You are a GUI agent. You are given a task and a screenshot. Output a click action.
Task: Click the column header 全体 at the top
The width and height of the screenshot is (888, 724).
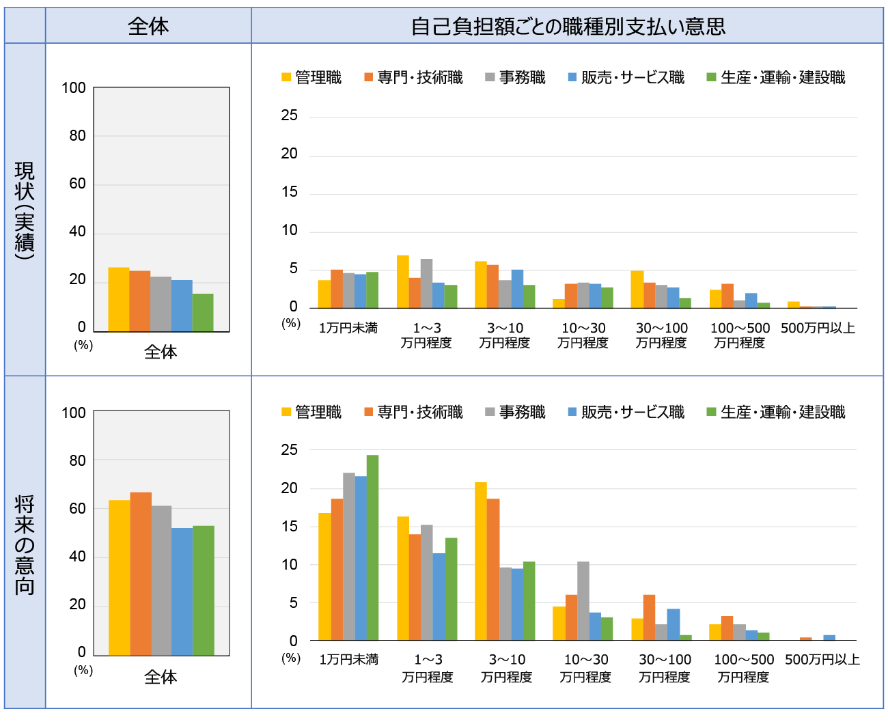pyautogui.click(x=148, y=26)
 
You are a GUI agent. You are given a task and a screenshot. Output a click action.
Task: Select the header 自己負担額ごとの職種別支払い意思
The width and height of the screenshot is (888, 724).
pyautogui.click(x=568, y=26)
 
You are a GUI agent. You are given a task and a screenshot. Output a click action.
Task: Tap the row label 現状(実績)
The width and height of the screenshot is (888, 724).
pyautogui.click(x=25, y=210)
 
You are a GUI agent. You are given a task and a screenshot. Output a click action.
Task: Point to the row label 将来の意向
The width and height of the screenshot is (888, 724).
pyautogui.click(x=25, y=544)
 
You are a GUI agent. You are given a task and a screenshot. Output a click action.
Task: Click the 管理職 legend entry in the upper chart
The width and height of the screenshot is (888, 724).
pyautogui.click(x=312, y=78)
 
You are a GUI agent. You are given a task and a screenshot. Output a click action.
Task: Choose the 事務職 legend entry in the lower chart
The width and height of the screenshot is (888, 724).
pyautogui.click(x=516, y=413)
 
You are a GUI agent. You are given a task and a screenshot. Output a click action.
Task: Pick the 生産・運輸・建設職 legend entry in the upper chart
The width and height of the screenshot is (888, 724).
pyautogui.click(x=776, y=78)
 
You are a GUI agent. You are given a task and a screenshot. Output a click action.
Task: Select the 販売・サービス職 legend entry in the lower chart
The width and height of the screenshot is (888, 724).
pyautogui.click(x=626, y=413)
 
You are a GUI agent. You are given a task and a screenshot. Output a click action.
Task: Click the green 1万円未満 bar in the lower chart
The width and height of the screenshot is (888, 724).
pyautogui.click(x=372, y=548)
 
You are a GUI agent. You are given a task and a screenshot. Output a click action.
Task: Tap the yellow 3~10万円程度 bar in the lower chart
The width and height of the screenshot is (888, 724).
pyautogui.click(x=481, y=561)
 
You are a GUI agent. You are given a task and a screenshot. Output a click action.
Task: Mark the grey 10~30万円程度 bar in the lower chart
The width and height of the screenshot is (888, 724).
pyautogui.click(x=583, y=601)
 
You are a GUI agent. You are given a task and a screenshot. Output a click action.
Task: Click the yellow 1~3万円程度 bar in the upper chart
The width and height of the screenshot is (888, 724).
pyautogui.click(x=403, y=282)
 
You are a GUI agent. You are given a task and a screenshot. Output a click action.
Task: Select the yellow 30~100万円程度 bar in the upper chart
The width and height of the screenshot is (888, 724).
pyautogui.click(x=637, y=290)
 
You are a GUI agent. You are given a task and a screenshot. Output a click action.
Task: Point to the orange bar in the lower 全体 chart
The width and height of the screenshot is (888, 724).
pyautogui.click(x=141, y=574)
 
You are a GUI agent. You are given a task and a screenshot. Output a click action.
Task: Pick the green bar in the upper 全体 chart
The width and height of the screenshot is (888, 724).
pyautogui.click(x=203, y=313)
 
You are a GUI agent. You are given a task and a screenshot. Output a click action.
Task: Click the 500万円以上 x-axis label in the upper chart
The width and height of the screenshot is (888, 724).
pyautogui.click(x=818, y=329)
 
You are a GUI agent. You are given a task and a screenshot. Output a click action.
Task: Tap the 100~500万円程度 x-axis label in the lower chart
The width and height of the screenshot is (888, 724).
pyautogui.click(x=744, y=668)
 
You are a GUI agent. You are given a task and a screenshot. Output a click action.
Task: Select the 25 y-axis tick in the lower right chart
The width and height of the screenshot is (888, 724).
pyautogui.click(x=290, y=450)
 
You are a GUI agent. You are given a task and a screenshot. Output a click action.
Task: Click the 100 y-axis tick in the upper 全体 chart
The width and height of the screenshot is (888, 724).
pyautogui.click(x=74, y=88)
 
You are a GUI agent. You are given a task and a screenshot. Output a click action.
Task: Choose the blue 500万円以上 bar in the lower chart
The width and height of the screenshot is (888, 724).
pyautogui.click(x=829, y=638)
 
